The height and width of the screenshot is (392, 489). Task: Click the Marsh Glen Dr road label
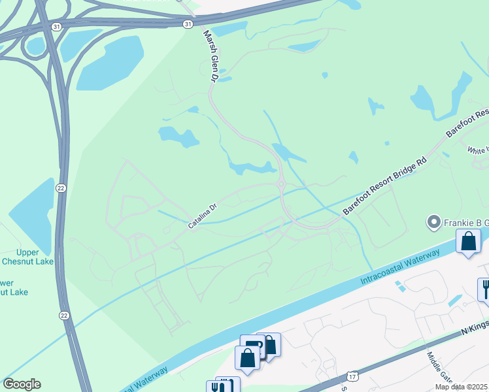click(x=209, y=56)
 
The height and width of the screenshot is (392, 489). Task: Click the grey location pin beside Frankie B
click(x=433, y=223)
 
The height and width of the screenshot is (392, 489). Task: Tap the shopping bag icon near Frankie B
click(x=469, y=242)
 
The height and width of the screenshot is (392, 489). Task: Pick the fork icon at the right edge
click(x=485, y=287)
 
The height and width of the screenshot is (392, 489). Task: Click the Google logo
click(x=22, y=384)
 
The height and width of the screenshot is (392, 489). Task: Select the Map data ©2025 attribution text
click(x=462, y=387)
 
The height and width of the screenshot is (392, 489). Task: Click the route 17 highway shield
click(x=352, y=377)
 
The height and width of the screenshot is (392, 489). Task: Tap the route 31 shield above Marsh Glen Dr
click(x=188, y=24)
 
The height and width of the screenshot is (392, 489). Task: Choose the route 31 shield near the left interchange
click(x=57, y=26)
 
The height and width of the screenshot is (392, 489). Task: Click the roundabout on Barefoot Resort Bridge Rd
click(x=281, y=185)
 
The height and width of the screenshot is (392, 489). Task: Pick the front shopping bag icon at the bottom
click(x=247, y=357)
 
